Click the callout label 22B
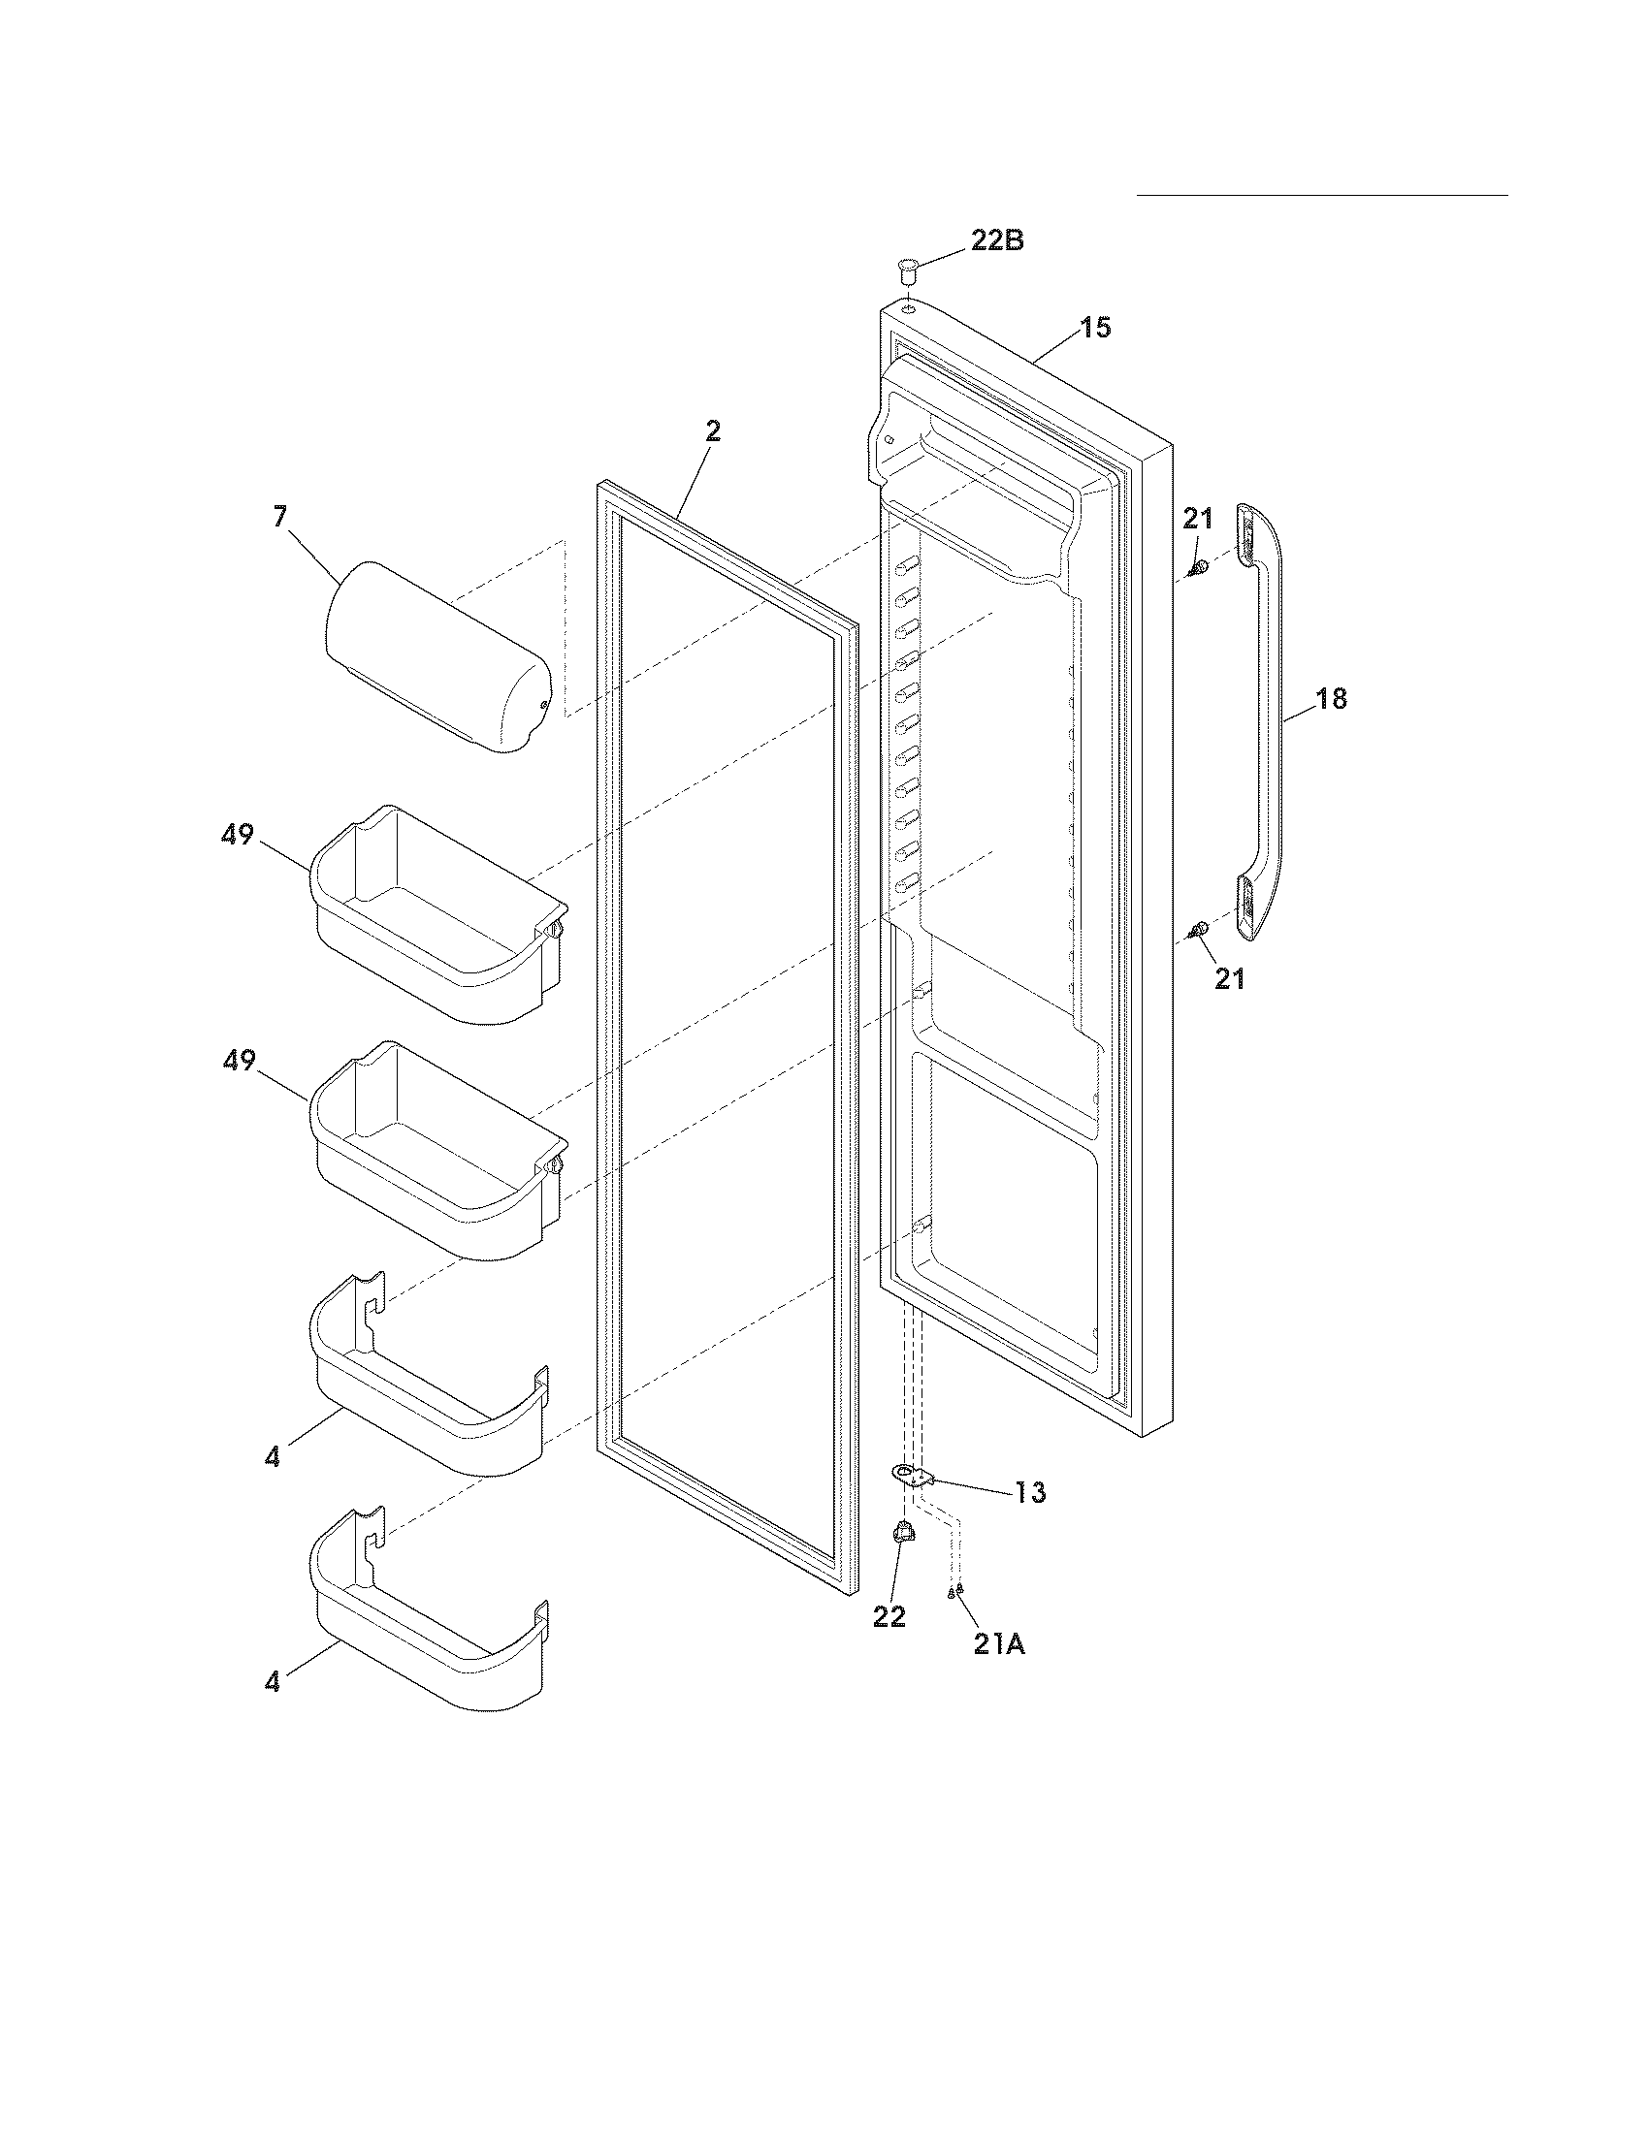pyautogui.click(x=996, y=240)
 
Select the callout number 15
pyautogui.click(x=1096, y=327)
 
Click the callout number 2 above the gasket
pyautogui.click(x=713, y=430)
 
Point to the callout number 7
pyautogui.click(x=280, y=517)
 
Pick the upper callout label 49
pyautogui.click(x=238, y=835)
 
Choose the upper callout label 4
pyautogui.click(x=272, y=1484)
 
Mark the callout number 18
pyautogui.click(x=1331, y=698)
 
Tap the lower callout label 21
pyautogui.click(x=1229, y=978)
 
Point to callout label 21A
pyautogui.click(x=998, y=1644)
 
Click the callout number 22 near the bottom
pyautogui.click(x=889, y=1617)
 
